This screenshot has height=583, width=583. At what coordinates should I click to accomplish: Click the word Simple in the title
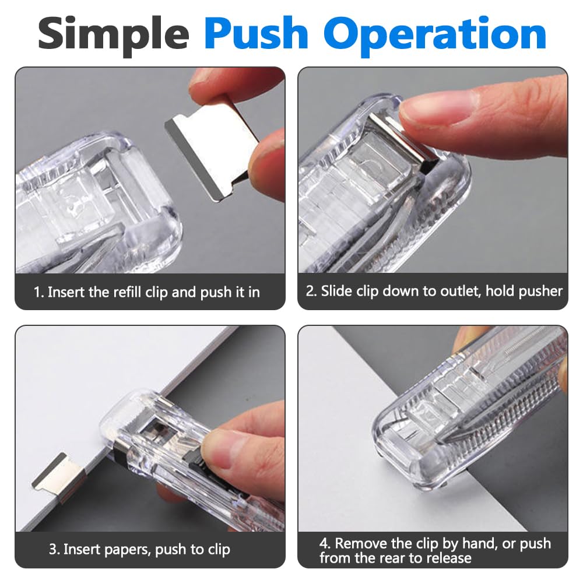114,36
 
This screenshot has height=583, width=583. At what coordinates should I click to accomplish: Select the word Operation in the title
435,36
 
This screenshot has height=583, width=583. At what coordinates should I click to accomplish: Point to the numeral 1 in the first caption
37,292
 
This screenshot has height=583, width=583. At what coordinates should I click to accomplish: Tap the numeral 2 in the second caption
311,291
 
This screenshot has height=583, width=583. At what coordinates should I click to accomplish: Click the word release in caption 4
449,558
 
